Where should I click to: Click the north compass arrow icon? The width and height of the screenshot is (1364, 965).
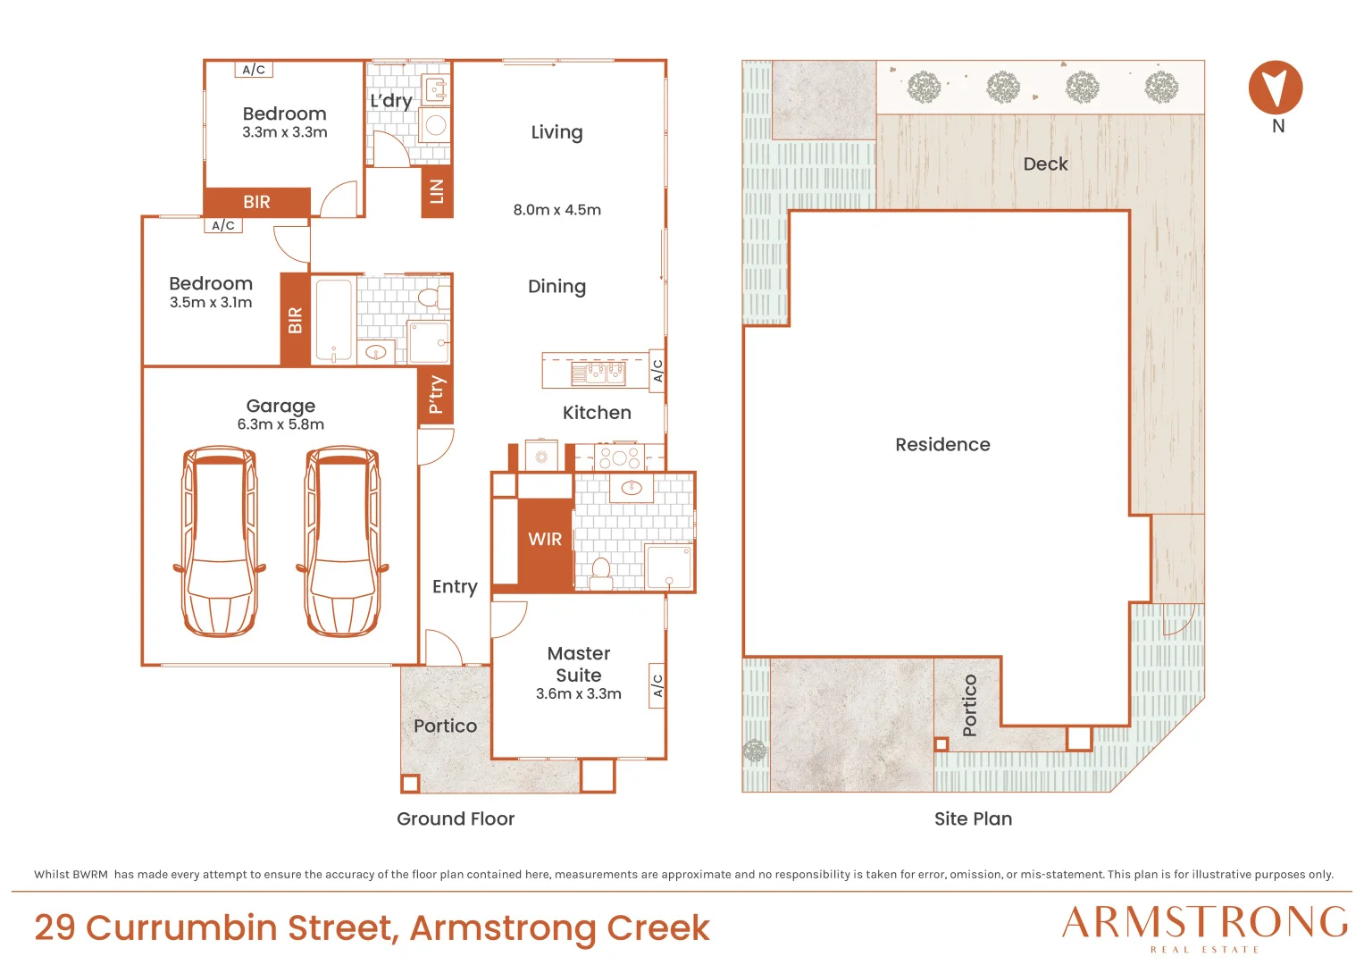(1276, 88)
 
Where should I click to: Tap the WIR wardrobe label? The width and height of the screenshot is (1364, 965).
(545, 539)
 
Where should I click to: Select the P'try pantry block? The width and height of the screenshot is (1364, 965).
(436, 395)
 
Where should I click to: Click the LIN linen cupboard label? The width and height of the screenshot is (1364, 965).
(437, 191)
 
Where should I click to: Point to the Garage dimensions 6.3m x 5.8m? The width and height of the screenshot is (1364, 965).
(280, 424)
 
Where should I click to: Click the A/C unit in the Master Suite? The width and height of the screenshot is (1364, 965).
(657, 685)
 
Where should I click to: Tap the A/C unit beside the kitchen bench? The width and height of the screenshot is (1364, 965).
(657, 371)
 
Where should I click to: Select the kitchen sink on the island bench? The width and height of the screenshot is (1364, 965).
(598, 373)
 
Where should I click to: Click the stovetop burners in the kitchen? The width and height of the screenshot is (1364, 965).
(620, 457)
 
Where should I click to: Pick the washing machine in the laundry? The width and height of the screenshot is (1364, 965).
(435, 125)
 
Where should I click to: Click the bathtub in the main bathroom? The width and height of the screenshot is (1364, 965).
(334, 321)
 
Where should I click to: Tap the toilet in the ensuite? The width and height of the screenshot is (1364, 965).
(601, 574)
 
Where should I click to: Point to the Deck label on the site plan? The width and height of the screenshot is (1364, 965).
(1045, 164)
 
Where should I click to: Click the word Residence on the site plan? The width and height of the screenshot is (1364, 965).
(942, 445)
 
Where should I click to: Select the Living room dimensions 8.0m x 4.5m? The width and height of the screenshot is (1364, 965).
(557, 210)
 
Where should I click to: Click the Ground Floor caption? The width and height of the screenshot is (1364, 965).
(456, 818)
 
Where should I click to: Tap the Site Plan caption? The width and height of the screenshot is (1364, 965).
(973, 818)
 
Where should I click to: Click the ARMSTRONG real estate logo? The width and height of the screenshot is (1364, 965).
(1205, 928)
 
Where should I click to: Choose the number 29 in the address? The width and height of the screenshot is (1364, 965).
(54, 927)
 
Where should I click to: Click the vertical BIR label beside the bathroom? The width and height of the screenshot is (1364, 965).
(296, 321)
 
